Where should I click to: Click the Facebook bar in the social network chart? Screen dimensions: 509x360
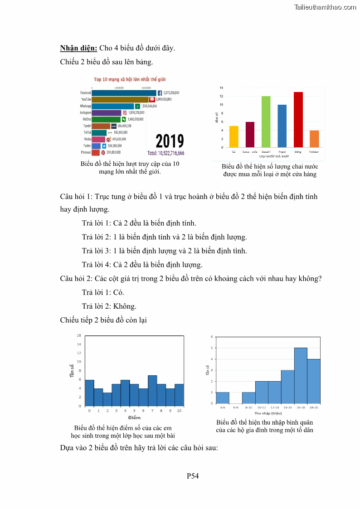pyautogui.click(x=124, y=93)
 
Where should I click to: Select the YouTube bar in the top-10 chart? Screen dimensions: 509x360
pyautogui.click(x=120, y=99)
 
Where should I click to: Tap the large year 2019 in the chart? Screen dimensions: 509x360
pyautogui.click(x=170, y=141)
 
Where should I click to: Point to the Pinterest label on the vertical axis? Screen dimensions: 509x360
pyautogui.click(x=86, y=153)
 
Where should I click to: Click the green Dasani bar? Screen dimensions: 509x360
pyautogui.click(x=266, y=121)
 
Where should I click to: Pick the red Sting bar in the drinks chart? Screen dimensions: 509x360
pyautogui.click(x=298, y=120)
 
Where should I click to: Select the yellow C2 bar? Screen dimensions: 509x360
pyautogui.click(x=234, y=136)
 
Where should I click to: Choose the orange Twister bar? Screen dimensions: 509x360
pyautogui.click(x=314, y=139)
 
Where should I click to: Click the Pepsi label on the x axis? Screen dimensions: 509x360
pyautogui.click(x=282, y=152)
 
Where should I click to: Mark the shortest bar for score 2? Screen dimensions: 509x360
pyautogui.click(x=107, y=399)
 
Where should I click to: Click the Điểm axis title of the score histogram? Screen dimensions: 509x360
pyautogui.click(x=134, y=417)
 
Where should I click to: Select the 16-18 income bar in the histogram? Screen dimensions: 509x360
pyautogui.click(x=301, y=375)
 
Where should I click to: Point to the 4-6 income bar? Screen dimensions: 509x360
pyautogui.click(x=223, y=398)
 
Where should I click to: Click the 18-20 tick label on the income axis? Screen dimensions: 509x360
pyautogui.click(x=314, y=408)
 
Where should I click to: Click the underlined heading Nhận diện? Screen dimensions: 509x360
pyautogui.click(x=78, y=48)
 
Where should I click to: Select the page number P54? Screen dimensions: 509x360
pyautogui.click(x=193, y=475)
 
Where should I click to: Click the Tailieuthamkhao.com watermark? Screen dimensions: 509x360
pyautogui.click(x=325, y=7)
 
